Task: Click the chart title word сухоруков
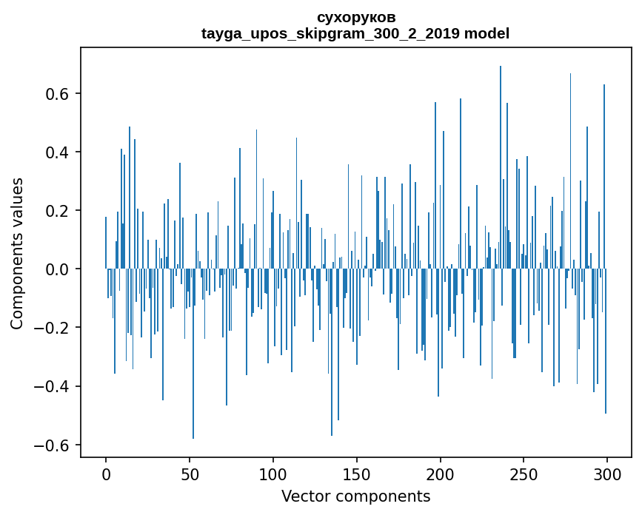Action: [x=355, y=17]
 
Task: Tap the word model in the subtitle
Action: [x=486, y=33]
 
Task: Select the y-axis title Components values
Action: [x=17, y=253]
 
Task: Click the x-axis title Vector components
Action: [x=355, y=496]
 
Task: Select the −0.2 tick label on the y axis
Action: [x=54, y=328]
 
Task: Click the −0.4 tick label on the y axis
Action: [x=54, y=386]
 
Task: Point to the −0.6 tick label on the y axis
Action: [x=54, y=445]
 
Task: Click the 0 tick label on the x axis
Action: [x=106, y=474]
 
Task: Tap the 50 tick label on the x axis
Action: [x=190, y=474]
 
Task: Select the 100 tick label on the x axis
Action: [x=273, y=474]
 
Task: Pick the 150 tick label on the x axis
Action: [x=357, y=474]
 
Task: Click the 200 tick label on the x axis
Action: [x=441, y=474]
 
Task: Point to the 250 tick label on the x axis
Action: [x=524, y=474]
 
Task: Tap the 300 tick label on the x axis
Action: [x=607, y=474]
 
